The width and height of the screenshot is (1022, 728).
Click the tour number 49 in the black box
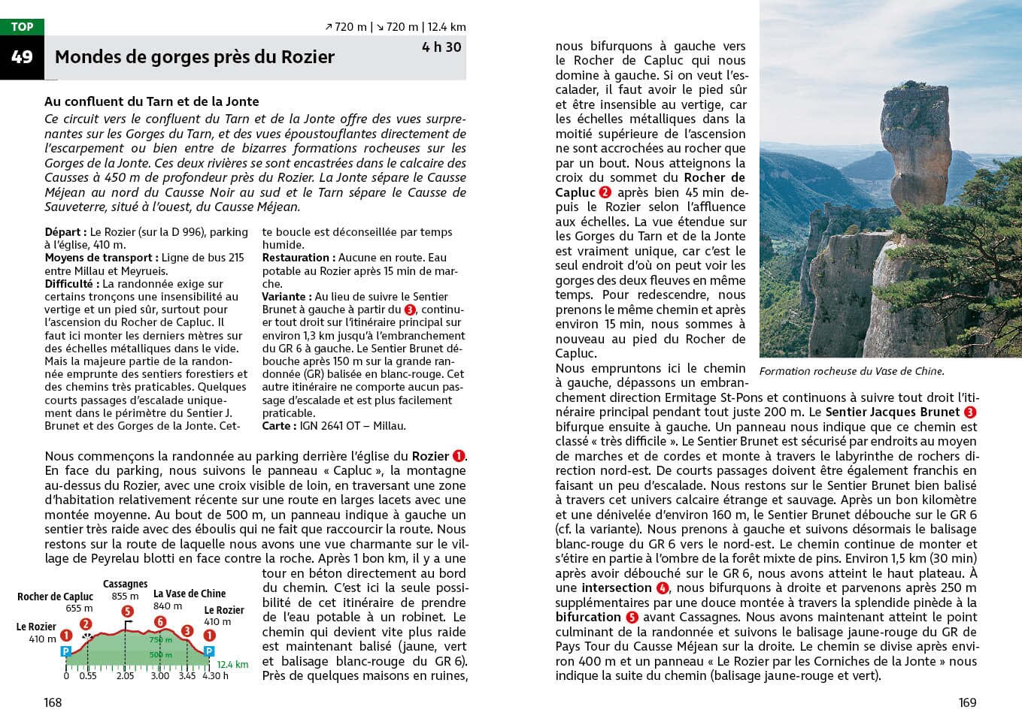pos(22,57)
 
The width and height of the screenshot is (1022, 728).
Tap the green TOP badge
pos(22,26)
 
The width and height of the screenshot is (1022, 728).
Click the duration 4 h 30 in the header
pos(441,47)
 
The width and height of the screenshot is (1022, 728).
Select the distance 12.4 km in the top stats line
pos(447,27)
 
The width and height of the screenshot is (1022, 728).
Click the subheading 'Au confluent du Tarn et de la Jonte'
pos(151,101)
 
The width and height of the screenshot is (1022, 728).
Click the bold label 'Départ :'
pos(65,232)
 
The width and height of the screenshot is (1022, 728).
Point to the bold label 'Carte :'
pos(277,426)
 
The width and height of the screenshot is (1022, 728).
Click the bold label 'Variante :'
pos(287,297)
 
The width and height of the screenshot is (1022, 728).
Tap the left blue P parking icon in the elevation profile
pos(66,651)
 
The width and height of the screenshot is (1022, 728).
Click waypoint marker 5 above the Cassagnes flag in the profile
pos(128,612)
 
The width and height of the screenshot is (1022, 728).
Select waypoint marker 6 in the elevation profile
pos(160,621)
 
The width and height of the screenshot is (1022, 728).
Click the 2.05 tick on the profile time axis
pos(125,676)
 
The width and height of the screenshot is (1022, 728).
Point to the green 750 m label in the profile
pos(160,640)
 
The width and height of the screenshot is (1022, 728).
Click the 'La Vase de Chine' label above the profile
pos(190,594)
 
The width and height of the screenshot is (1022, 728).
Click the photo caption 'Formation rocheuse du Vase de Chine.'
pos(851,371)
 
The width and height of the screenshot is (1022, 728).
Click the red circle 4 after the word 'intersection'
pos(663,588)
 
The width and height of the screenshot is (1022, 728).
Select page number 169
pos(967,702)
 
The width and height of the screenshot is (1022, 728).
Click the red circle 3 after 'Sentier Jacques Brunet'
pos(970,412)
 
